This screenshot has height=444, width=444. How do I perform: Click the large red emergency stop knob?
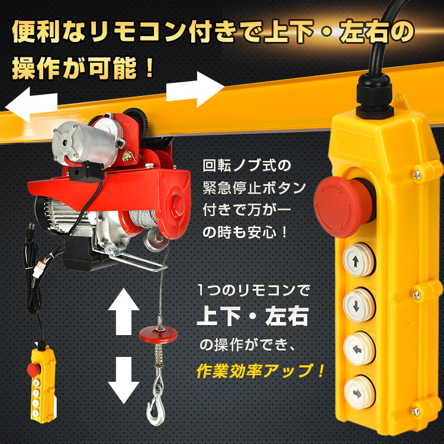tap(343, 206)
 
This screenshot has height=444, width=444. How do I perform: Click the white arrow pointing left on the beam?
tap(31, 104)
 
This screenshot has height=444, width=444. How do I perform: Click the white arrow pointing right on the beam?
tap(195, 89)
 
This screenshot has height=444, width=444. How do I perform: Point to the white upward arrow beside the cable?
tap(124, 311)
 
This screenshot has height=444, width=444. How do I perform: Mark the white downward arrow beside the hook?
tap(124, 380)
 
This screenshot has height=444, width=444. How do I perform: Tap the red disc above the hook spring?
tap(158, 334)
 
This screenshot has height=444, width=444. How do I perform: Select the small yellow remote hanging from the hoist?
tap(43, 384)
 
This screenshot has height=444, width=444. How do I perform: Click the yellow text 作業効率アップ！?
tap(260, 371)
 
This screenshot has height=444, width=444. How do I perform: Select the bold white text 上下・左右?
tap(253, 316)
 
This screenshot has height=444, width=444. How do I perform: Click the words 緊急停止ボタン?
tap(255, 188)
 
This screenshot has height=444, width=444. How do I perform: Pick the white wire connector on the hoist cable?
tap(39, 269)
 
